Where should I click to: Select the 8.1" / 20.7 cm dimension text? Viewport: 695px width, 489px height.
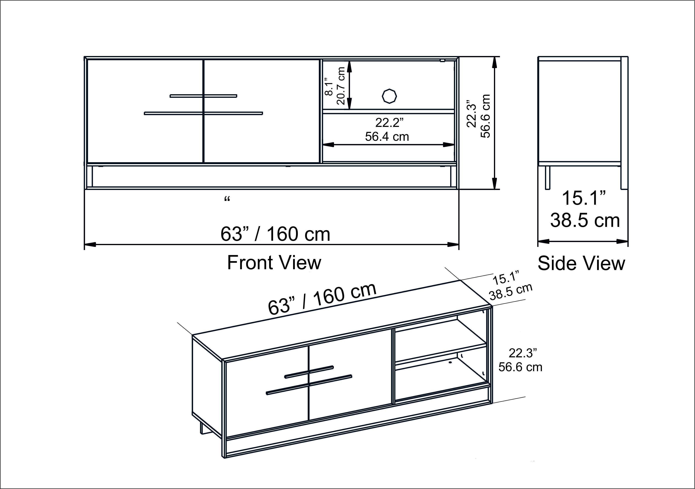point(334,86)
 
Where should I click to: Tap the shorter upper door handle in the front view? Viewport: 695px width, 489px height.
point(203,96)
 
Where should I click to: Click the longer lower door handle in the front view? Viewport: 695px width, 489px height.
point(203,113)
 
